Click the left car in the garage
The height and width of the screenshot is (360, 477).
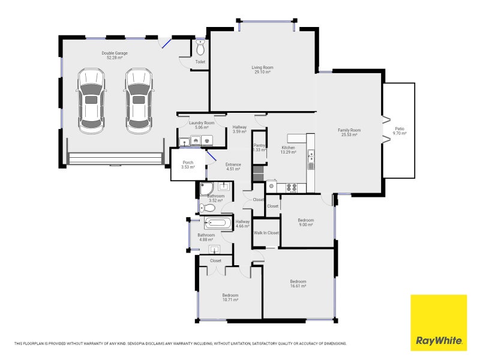click(x=91, y=101)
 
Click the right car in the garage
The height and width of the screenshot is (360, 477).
click(x=138, y=101)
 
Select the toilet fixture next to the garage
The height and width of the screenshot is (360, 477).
click(x=200, y=48)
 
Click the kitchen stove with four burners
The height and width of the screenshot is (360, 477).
click(x=292, y=187)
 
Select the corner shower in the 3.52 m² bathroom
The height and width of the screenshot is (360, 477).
click(x=205, y=188)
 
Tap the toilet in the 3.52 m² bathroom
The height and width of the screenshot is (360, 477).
click(x=207, y=208)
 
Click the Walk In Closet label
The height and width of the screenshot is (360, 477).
click(x=266, y=232)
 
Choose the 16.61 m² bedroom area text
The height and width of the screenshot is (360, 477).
click(x=298, y=286)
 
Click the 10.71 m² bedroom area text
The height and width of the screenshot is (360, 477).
click(x=230, y=299)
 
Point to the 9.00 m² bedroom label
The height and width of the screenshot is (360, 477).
click(x=306, y=223)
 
